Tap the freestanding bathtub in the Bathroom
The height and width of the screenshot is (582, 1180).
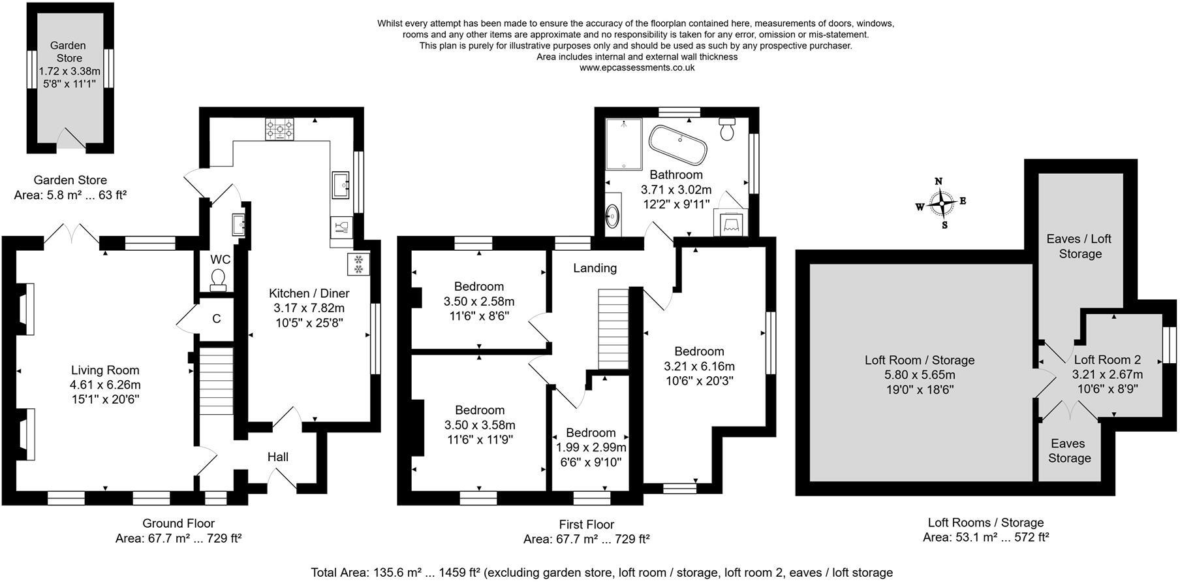[678, 144]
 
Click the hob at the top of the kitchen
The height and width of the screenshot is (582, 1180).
[279, 129]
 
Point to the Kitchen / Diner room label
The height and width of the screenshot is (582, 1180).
[309, 293]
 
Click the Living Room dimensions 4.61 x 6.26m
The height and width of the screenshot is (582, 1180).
[105, 385]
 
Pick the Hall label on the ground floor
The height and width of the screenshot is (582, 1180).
[277, 457]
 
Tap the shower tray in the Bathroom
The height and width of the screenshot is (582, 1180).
[624, 144]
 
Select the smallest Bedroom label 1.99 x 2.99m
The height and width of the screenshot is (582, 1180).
[591, 447]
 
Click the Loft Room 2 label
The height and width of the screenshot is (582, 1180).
[1107, 359]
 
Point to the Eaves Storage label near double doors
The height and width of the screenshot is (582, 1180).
[1068, 451]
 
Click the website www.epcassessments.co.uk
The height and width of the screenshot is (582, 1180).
[636, 67]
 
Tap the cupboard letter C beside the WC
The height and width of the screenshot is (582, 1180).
[217, 319]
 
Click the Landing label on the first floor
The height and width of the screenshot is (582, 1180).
[595, 268]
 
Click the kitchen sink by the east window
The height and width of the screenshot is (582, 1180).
[341, 185]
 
